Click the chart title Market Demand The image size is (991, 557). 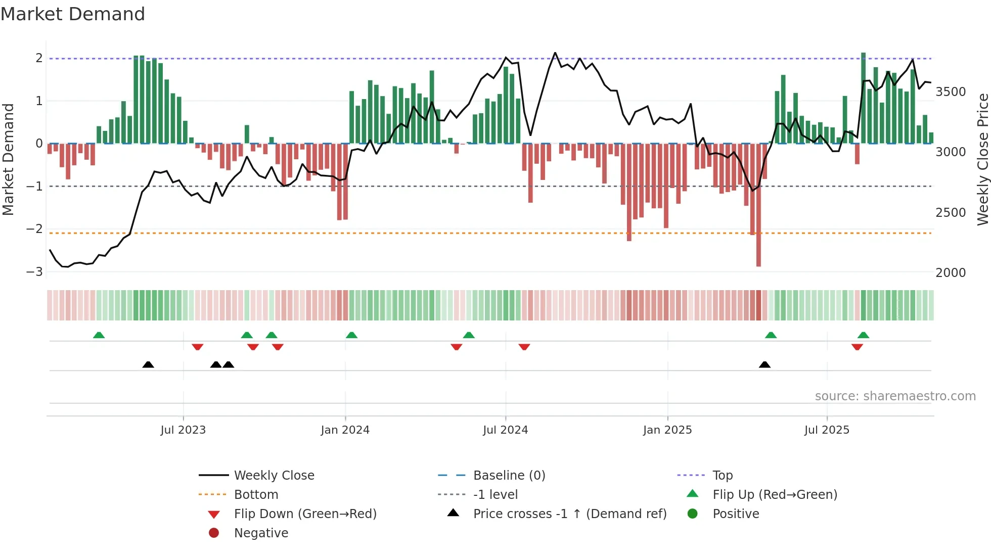click(73, 14)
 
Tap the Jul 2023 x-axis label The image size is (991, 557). click(183, 430)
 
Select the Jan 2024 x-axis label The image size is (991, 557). click(345, 430)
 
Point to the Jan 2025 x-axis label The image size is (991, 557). click(667, 430)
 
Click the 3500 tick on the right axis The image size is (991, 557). click(951, 92)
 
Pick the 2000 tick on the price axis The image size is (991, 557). click(951, 273)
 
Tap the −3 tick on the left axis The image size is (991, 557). click(35, 272)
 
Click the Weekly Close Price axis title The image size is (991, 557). click(982, 159)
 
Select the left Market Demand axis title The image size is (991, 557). click(9, 159)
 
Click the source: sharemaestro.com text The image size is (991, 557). click(895, 396)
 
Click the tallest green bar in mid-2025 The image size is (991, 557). click(864, 96)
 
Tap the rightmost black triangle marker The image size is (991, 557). click(764, 365)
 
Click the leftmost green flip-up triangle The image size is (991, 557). click(99, 335)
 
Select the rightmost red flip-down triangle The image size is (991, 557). click(857, 347)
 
